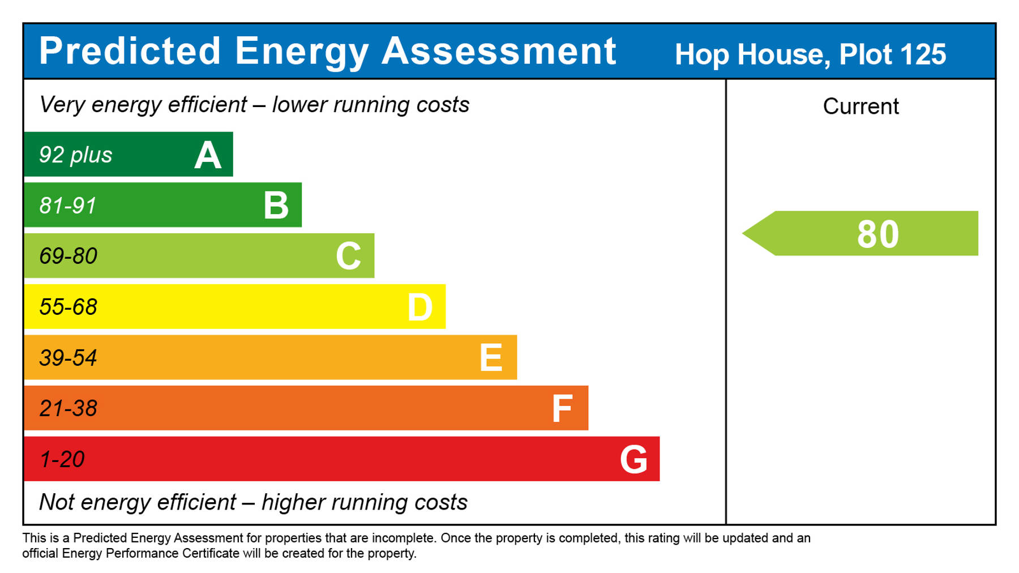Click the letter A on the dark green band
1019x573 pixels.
tap(208, 155)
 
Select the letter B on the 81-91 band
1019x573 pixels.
tap(276, 206)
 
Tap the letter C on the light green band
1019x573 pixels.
tap(348, 256)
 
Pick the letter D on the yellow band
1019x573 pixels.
tap(420, 307)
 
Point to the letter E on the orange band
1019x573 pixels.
tap(491, 358)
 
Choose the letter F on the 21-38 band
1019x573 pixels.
tap(562, 409)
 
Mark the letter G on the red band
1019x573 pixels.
tap(633, 459)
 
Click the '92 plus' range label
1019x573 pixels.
tap(76, 155)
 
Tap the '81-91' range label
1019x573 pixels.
tap(68, 206)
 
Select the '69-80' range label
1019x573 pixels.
tap(68, 256)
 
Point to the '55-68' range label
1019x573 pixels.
tap(68, 307)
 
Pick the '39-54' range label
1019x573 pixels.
tap(68, 358)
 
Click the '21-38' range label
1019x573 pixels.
tap(68, 408)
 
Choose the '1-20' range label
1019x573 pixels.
tap(62, 459)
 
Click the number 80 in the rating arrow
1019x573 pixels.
tap(877, 234)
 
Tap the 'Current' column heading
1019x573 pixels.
tap(860, 106)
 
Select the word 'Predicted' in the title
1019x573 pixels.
tap(130, 51)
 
